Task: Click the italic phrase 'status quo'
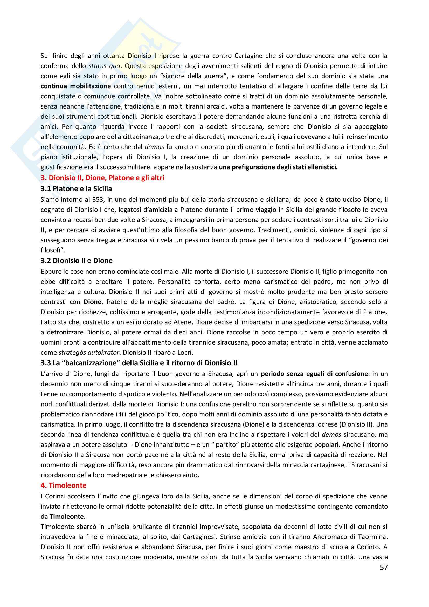(x=104, y=66)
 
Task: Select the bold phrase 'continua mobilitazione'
(x=75, y=86)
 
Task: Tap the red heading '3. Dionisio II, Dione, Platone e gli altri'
(x=102, y=178)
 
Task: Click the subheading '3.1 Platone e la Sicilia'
(x=76, y=189)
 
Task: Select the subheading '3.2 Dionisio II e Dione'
(x=77, y=261)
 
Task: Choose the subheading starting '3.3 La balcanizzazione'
(x=139, y=363)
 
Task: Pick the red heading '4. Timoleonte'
(x=64, y=485)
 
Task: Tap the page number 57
(x=384, y=567)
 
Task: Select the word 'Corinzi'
(x=55, y=496)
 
